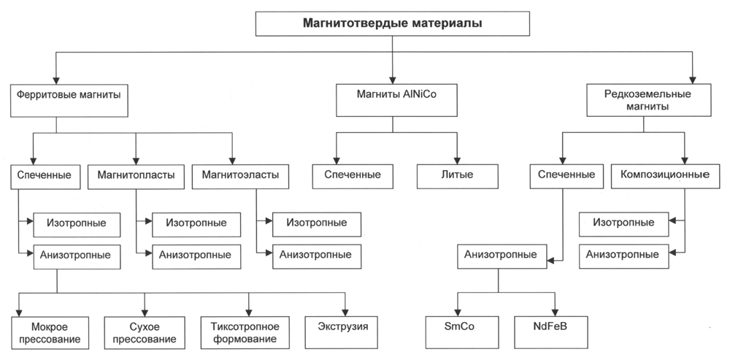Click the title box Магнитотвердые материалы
click(393, 23)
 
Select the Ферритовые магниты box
click(69, 101)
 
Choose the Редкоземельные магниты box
click(648, 100)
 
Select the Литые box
click(457, 176)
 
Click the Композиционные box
click(666, 176)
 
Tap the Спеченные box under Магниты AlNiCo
click(353, 176)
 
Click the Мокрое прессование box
click(50, 332)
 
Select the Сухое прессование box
click(145, 332)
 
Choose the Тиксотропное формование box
click(245, 332)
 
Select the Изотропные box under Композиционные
click(623, 224)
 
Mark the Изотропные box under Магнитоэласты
click(317, 224)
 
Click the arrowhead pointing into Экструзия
click(345, 313)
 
